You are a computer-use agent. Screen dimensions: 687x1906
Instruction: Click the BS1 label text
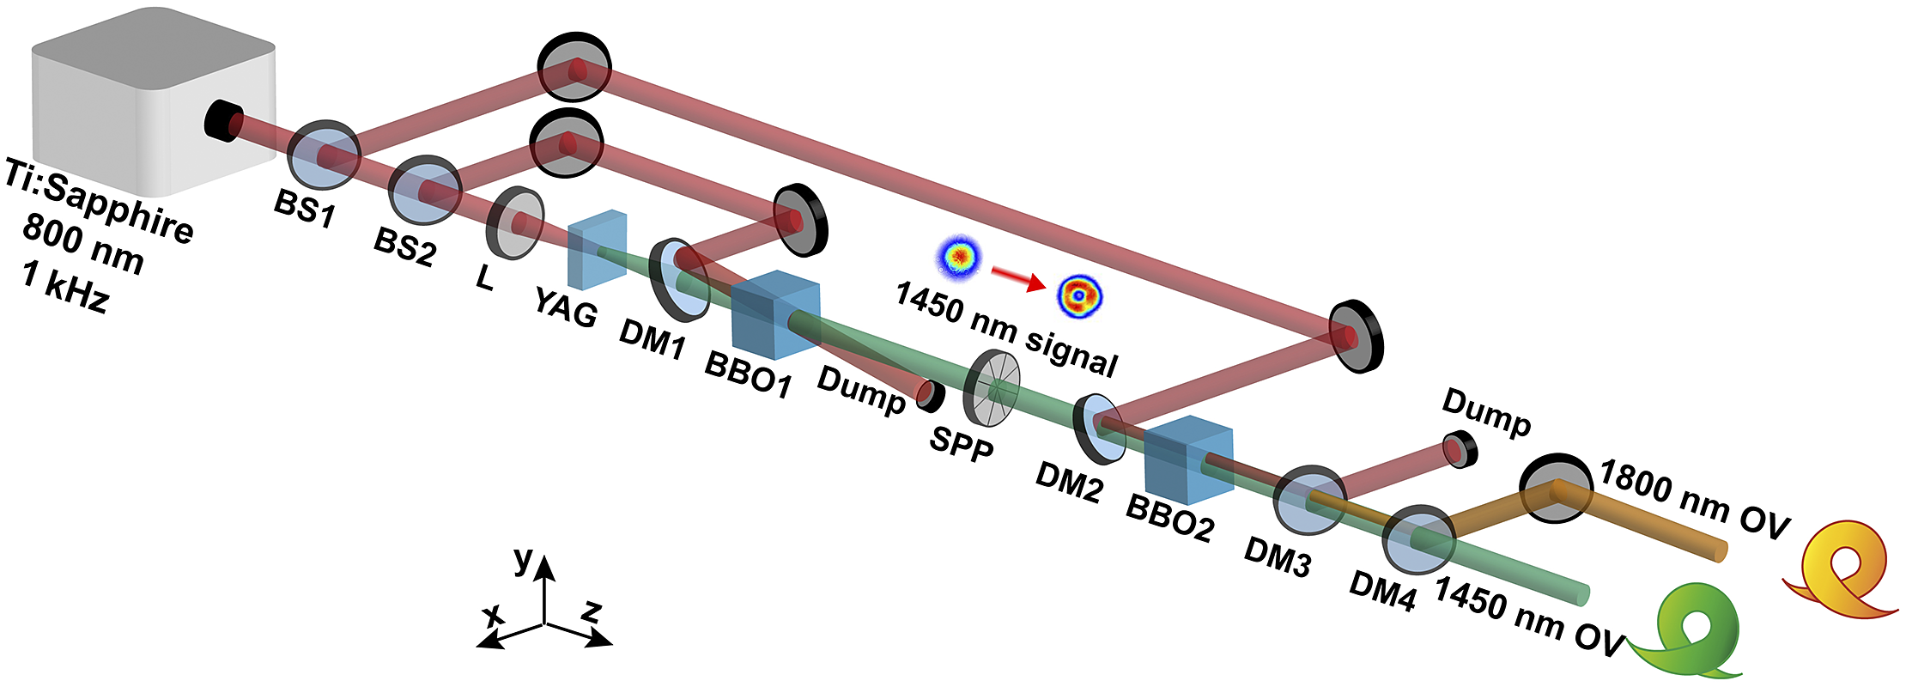304,207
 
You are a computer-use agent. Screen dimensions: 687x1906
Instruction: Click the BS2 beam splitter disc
425,191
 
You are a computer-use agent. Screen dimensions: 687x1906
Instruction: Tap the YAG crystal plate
598,248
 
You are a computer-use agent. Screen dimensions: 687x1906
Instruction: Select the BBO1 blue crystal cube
774,315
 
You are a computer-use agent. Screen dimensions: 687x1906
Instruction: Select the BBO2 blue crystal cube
1188,460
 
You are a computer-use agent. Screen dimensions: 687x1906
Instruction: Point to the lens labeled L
515,222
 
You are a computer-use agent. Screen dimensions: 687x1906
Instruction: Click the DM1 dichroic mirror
679,279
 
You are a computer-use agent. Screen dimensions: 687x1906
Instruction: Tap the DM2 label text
1068,483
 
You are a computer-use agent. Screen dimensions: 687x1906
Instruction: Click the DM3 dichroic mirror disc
1308,501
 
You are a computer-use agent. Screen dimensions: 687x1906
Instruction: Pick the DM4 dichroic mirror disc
1418,539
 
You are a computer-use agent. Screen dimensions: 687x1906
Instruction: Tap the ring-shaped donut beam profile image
1079,295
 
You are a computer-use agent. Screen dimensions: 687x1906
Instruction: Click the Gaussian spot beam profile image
957,257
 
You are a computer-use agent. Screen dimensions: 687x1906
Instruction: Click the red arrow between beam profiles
1018,277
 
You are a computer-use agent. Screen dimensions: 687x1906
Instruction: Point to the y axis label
522,559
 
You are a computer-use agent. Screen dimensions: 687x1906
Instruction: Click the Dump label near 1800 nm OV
1486,413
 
